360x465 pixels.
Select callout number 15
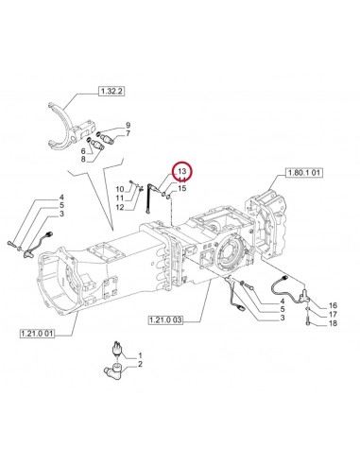click(x=182, y=188)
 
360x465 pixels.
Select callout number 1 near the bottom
click(x=141, y=353)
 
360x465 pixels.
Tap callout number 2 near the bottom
click(x=141, y=363)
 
